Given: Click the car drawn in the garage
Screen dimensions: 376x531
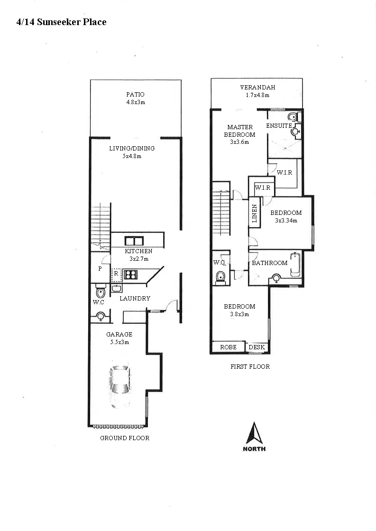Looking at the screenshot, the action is click(119, 386).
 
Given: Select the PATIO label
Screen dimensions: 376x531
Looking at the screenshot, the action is click(135, 95).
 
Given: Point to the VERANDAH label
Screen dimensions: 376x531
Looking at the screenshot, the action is click(257, 88).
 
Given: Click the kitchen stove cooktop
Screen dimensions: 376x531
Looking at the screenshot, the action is click(131, 274).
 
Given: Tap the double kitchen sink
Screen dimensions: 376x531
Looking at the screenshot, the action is click(134, 240).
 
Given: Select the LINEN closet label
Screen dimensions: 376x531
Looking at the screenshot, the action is click(254, 214).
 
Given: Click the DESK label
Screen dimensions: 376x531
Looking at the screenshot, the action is click(257, 347).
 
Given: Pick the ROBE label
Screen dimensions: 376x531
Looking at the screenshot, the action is click(228, 347).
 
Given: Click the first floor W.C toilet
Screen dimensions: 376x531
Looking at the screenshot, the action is click(220, 277).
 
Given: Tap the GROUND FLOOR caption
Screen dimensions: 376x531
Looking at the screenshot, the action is click(125, 438).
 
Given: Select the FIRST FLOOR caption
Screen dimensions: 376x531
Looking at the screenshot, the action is click(250, 366).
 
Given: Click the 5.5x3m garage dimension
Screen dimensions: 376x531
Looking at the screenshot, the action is click(119, 342).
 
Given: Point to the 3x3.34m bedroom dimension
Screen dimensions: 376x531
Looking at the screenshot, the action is click(286, 221).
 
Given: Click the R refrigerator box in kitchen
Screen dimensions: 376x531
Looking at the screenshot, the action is click(116, 274).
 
